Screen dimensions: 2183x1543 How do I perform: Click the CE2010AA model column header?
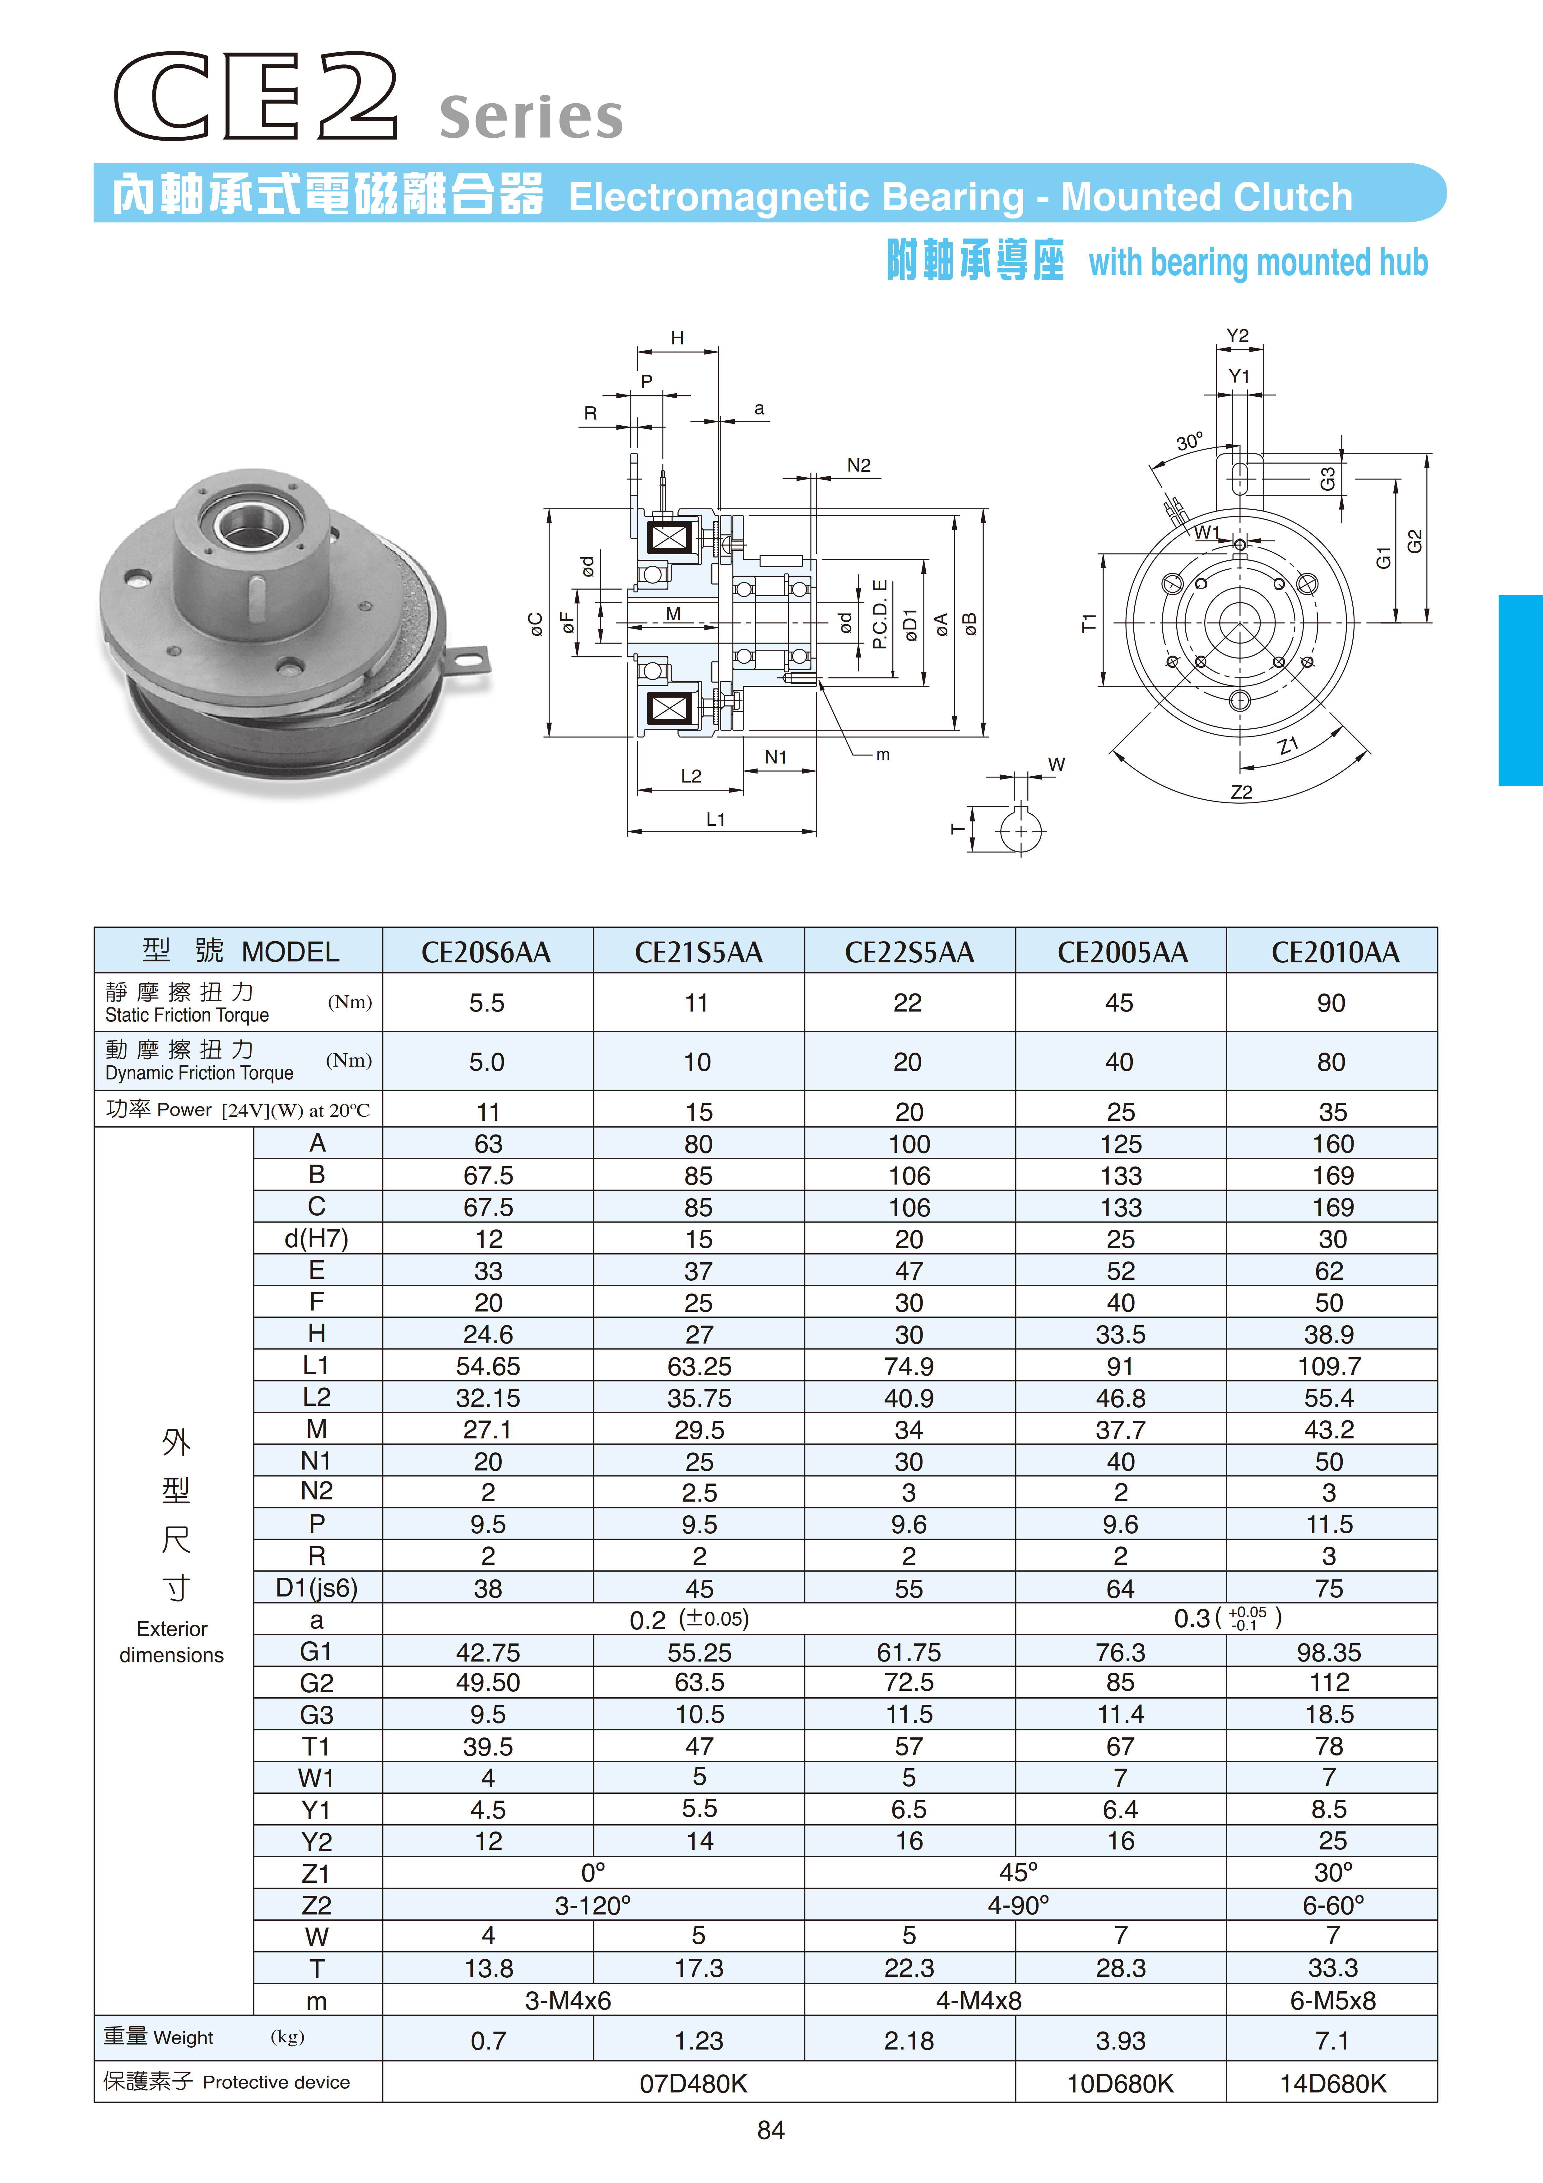(x=1335, y=952)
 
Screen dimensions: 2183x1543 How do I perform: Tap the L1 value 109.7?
(x=1329, y=1366)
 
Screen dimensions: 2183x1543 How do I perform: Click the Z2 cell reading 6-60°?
(x=1333, y=1905)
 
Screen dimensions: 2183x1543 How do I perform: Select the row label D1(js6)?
(x=317, y=1588)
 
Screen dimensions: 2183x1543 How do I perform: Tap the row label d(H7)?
(x=317, y=1239)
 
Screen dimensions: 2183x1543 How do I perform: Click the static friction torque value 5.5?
(x=487, y=1003)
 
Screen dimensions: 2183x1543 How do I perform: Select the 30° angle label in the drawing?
(x=1189, y=442)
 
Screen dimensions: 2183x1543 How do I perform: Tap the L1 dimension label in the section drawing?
(x=716, y=820)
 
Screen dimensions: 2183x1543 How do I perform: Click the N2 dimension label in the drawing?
(x=858, y=465)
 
